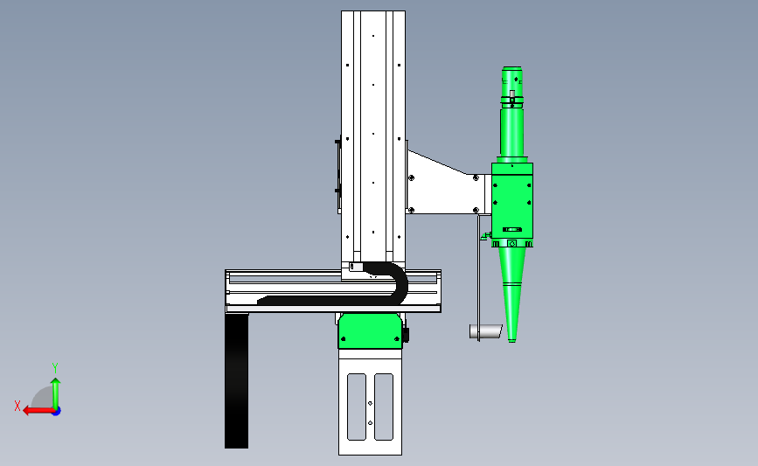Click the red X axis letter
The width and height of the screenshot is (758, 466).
17,406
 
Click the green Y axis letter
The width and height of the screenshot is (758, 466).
55,368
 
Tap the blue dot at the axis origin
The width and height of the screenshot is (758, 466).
56,412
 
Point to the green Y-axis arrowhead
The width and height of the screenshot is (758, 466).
56,382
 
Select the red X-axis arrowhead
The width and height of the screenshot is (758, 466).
27,411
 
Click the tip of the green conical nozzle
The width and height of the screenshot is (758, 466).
512,341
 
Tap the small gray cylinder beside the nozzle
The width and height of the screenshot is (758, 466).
486,331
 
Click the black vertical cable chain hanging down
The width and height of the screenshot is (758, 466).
236,381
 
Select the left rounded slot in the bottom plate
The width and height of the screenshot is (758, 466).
357,407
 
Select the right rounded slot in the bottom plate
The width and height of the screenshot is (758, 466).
384,407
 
